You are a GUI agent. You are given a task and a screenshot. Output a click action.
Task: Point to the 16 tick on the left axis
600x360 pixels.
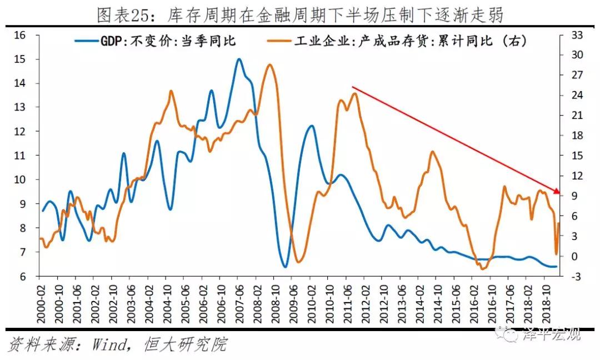[x=20, y=36]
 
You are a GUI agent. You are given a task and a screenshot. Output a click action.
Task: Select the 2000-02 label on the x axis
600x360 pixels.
[x=40, y=303]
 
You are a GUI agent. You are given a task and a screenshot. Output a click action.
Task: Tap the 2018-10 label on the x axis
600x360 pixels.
[x=547, y=303]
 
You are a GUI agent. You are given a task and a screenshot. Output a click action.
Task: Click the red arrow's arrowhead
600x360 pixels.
[x=557, y=192]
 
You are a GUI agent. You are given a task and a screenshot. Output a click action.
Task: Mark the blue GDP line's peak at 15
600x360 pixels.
[x=239, y=59]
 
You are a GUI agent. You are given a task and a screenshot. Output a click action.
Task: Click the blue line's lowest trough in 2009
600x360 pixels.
[x=285, y=267]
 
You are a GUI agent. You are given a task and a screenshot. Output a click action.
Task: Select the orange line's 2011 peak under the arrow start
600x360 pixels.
[x=354, y=93]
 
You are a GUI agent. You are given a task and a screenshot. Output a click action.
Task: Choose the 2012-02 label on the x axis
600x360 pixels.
[x=367, y=303]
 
